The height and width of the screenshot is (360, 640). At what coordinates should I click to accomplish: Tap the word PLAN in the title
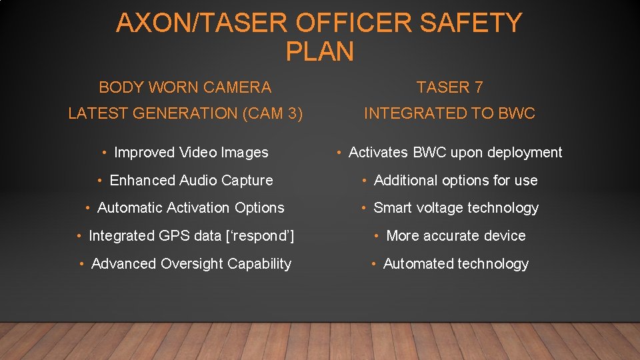click(x=319, y=51)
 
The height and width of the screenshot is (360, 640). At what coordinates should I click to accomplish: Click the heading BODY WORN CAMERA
click(x=185, y=87)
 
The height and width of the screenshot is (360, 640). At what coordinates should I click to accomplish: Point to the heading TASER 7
click(x=449, y=87)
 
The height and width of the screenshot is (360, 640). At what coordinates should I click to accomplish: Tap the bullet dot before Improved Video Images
click(x=106, y=153)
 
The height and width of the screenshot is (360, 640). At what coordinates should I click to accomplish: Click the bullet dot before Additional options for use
click(x=366, y=181)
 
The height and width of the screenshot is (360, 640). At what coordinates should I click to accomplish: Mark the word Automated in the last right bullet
click(x=418, y=264)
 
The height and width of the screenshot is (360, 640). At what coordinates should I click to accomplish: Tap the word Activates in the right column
click(x=379, y=153)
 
